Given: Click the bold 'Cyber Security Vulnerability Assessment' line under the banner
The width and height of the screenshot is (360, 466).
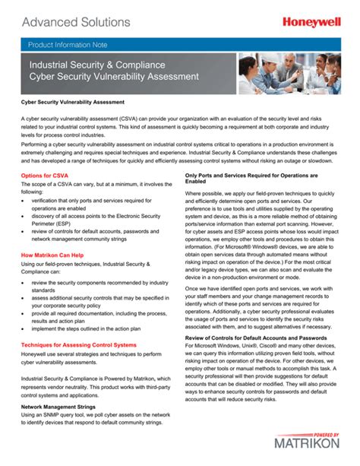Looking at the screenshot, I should coord(73,101).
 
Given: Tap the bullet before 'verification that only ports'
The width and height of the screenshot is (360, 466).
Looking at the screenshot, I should coord(24,199).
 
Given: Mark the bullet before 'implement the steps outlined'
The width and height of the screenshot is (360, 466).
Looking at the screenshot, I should coord(24,328).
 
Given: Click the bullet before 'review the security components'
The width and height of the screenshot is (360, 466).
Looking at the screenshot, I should coord(24,281).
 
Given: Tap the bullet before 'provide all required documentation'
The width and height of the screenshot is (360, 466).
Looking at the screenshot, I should coord(24,312).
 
